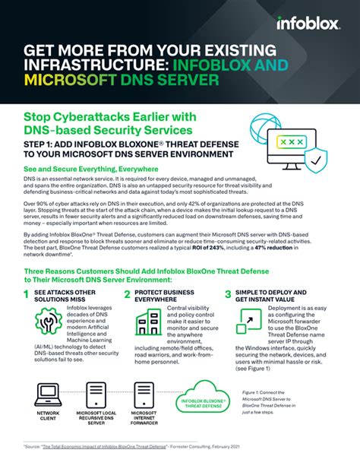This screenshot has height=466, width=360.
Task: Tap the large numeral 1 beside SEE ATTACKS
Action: click(27, 295)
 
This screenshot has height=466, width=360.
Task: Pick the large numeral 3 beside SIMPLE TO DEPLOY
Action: click(228, 295)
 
